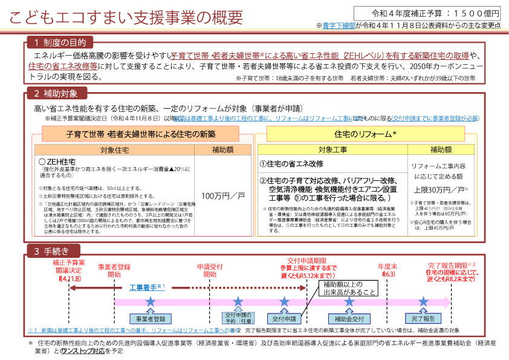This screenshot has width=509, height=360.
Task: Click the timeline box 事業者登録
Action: tap(151, 319)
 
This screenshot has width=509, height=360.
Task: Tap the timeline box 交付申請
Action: tap(284, 318)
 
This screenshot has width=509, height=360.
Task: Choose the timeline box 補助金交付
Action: tap(349, 318)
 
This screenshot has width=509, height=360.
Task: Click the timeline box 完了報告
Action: tap(420, 318)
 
